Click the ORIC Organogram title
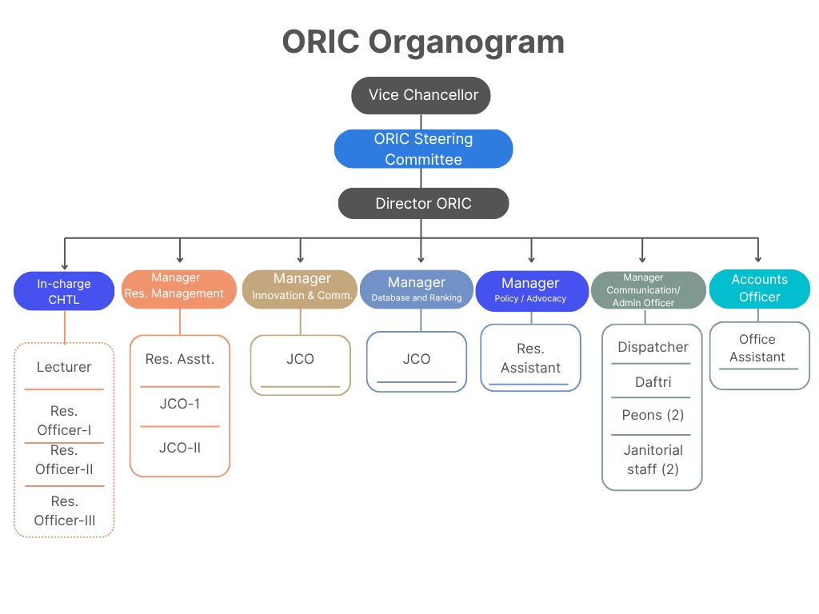coord(423,42)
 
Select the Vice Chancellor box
coord(421,95)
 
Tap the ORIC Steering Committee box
coord(423,149)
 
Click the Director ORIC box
coord(423,203)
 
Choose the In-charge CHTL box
coord(64,292)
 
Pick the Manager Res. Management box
coord(179,288)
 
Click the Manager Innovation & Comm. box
coord(301,289)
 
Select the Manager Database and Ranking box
coord(416,289)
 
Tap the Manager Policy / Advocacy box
coord(531,290)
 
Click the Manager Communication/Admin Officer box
coord(648,290)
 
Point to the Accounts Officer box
coord(759,289)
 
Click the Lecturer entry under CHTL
coord(64,367)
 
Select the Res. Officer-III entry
coord(64,511)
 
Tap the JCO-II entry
coord(179,448)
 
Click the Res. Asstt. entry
coord(179,359)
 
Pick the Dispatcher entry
coord(652,347)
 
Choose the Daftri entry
coord(652,382)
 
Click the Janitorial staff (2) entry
coord(652,460)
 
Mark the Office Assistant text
coord(757,348)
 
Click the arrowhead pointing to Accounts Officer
coord(758,258)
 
